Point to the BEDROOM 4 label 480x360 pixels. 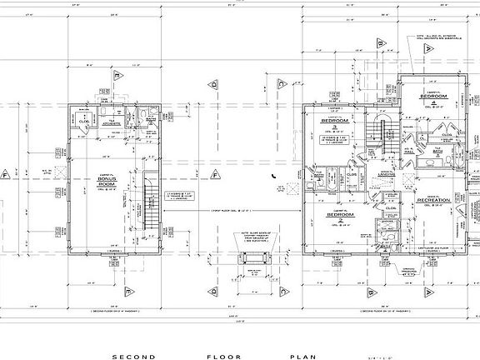tap(434, 98)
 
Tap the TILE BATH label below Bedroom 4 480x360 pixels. tap(436, 152)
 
